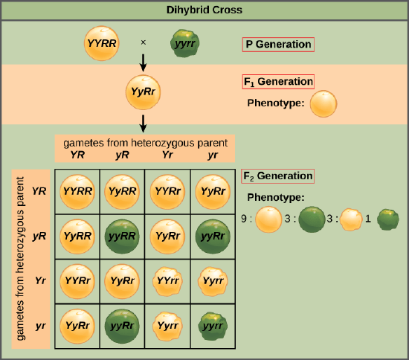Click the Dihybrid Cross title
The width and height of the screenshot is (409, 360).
click(204, 10)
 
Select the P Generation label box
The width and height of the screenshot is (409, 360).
click(278, 44)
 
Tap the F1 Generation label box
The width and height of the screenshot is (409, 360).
click(278, 82)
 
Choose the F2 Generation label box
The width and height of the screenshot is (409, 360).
click(278, 176)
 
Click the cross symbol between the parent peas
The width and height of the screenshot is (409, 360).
click(143, 42)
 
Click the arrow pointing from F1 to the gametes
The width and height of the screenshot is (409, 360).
click(143, 122)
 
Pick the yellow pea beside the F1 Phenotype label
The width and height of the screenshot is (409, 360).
click(323, 103)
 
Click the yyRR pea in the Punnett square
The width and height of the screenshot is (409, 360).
click(120, 237)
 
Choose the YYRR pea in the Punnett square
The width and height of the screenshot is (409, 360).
click(77, 192)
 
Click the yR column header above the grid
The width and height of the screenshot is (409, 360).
click(119, 155)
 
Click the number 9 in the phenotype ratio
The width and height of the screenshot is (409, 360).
click(245, 219)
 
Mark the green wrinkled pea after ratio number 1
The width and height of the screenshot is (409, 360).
click(387, 220)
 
